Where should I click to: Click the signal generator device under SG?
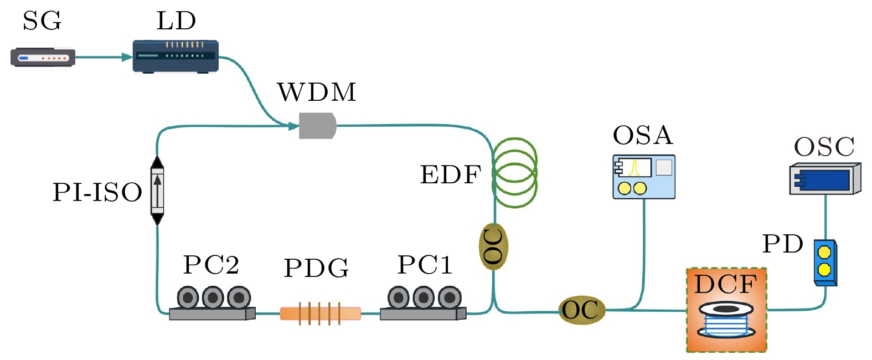tap(43, 57)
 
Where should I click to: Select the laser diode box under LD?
tap(176, 56)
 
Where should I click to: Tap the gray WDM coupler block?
tap(317, 126)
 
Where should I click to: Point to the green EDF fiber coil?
tap(515, 172)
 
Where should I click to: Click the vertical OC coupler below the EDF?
tap(493, 246)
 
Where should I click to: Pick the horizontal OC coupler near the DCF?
tap(581, 310)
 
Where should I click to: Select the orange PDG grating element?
tap(320, 313)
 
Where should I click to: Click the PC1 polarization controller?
tap(424, 303)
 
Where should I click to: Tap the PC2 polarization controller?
tap(213, 303)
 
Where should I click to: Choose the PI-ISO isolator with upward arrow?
tap(158, 191)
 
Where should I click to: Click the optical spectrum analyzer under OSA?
tap(643, 177)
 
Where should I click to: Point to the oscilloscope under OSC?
tap(824, 179)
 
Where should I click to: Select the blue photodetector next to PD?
tap(825, 262)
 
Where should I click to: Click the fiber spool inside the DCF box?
tap(726, 320)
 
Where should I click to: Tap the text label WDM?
tap(317, 92)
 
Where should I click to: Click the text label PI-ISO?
tap(97, 193)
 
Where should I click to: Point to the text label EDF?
tap(450, 175)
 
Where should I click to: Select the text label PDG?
tap(316, 269)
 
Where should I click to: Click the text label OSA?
tap(642, 136)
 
